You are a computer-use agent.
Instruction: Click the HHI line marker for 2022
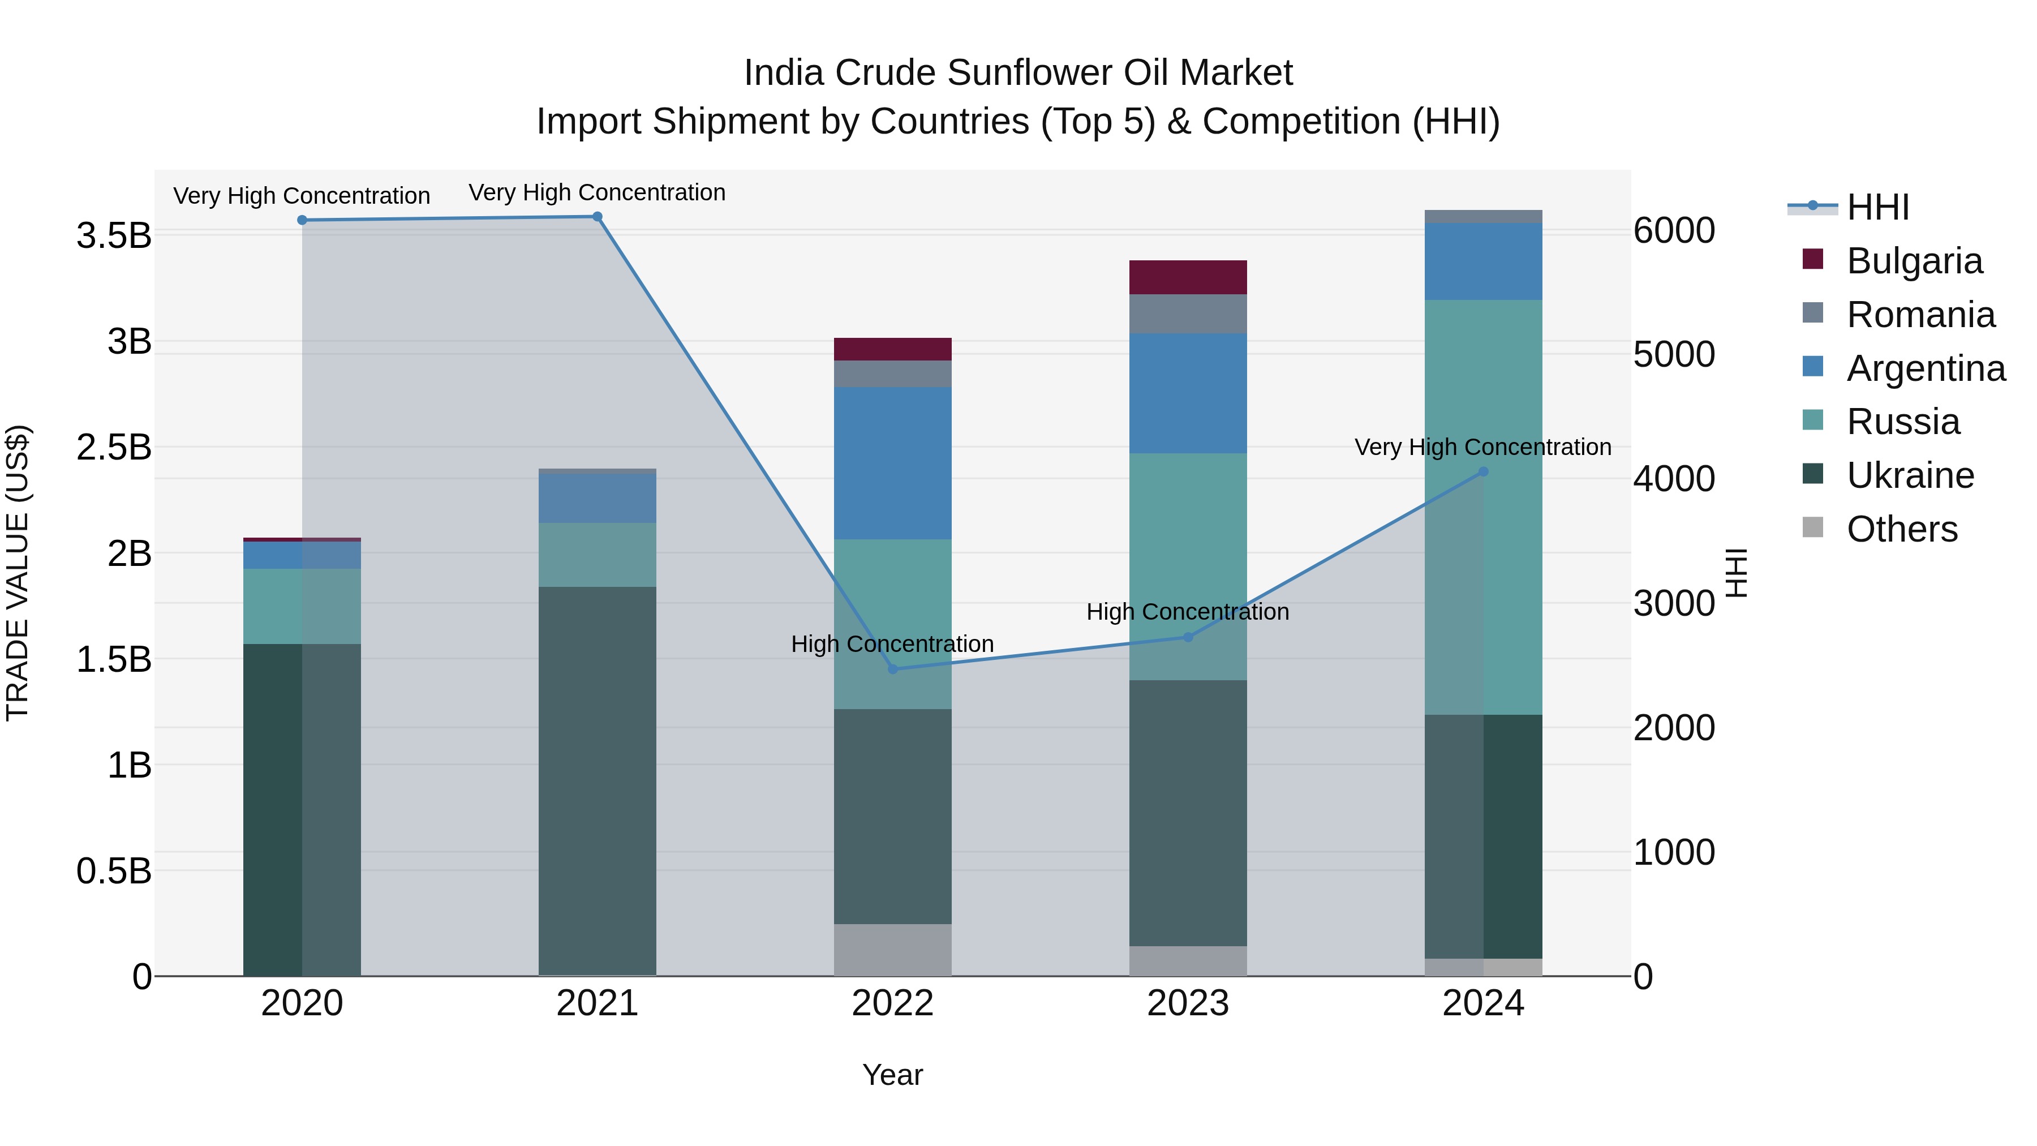893,669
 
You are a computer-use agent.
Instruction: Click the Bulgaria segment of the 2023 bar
1188,277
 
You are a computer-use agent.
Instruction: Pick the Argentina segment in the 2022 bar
893,463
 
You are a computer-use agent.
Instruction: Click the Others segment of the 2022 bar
893,950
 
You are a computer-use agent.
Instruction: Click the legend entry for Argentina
1925,368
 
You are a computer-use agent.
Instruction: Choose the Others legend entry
1901,529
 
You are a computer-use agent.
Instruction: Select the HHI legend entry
1877,207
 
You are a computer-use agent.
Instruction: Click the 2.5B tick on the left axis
114,448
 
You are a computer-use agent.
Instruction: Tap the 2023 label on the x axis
1188,1003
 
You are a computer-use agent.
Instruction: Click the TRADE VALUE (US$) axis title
18,573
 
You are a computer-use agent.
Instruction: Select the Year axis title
893,1075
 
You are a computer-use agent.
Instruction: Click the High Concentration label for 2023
1188,611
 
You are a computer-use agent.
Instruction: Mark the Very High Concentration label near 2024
1482,447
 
